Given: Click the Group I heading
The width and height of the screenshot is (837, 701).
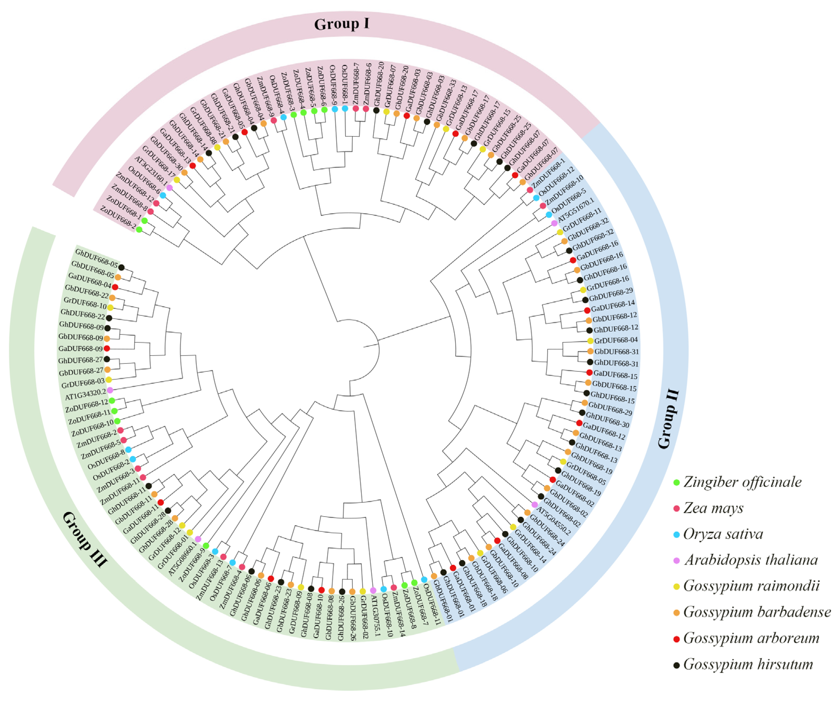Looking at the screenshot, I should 342,24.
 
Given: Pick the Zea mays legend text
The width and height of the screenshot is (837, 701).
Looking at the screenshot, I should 713,508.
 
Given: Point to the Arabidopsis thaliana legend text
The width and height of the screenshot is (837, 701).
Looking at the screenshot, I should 751,560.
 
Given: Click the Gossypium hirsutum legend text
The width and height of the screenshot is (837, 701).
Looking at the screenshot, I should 748,664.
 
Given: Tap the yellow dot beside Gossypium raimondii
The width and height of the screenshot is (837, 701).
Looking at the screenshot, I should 676,586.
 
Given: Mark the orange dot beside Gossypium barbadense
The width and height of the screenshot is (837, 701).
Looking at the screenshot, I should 676,612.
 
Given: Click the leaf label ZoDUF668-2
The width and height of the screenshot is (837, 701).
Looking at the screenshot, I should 118,217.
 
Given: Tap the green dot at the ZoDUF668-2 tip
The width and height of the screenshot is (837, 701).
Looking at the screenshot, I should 139,230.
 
